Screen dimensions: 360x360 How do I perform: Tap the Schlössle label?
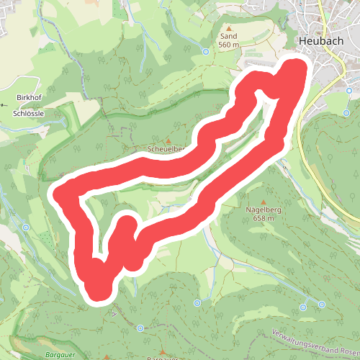(x=29, y=113)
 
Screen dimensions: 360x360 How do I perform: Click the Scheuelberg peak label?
(x=166, y=149)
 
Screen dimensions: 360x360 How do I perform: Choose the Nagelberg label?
(x=261, y=210)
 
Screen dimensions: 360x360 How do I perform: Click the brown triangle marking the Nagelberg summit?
(x=264, y=201)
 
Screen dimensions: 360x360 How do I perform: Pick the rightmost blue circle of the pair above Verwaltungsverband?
(x=322, y=305)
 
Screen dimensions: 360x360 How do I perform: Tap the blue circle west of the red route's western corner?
(x=25, y=228)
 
